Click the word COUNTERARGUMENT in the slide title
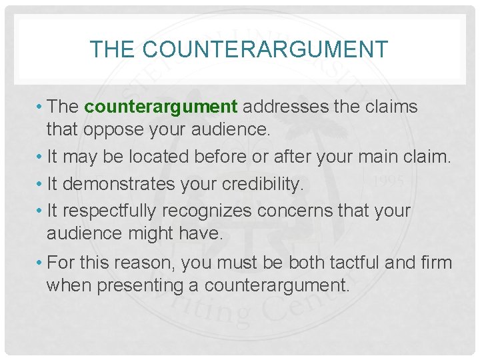click(265, 49)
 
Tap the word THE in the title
click(113, 49)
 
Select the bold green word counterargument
click(161, 107)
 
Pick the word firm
click(436, 262)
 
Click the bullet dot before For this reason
click(41, 262)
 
